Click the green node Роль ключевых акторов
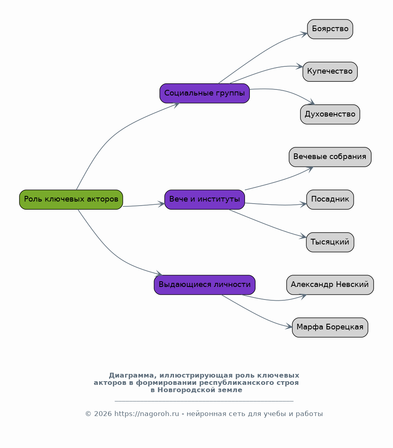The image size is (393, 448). (x=71, y=200)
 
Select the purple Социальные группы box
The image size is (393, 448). (x=205, y=93)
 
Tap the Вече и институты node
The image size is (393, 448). (x=205, y=200)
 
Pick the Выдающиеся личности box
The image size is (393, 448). (x=205, y=285)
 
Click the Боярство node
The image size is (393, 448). (x=330, y=29)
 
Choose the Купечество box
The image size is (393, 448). (x=330, y=72)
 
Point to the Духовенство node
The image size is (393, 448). (x=330, y=114)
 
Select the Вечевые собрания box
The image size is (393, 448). (x=330, y=157)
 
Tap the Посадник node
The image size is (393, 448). (x=330, y=200)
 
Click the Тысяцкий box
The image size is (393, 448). (x=330, y=242)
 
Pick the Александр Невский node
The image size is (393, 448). (x=330, y=285)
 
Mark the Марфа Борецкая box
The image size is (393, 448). (x=330, y=327)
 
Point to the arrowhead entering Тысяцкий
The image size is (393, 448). (x=303, y=236)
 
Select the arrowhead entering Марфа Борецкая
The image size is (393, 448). (x=289, y=327)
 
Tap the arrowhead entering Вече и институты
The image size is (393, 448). (x=161, y=204)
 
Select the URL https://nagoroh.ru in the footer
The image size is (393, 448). (x=147, y=414)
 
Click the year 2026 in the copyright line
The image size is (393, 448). (x=103, y=414)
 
